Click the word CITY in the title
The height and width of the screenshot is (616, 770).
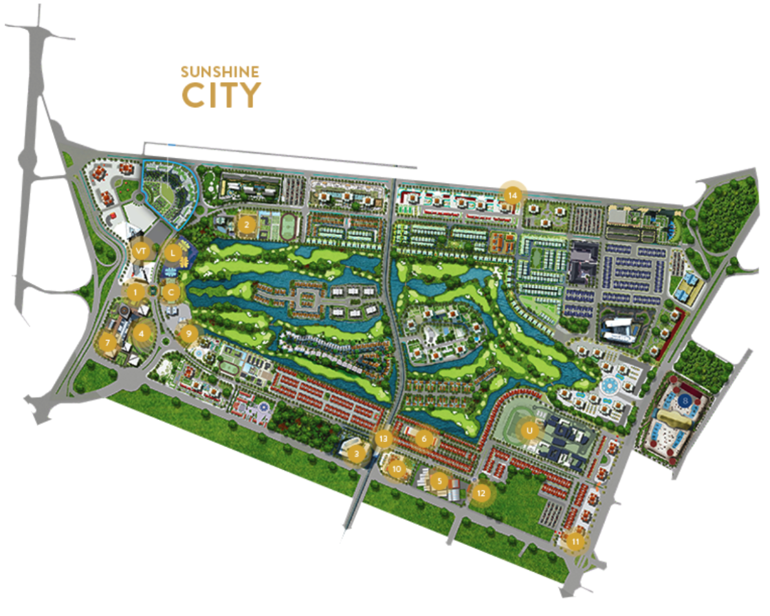221,95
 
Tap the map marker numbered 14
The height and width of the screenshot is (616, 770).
512,194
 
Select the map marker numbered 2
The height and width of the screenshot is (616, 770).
246,225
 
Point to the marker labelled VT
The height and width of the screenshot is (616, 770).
140,249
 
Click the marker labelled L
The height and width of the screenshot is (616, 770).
172,253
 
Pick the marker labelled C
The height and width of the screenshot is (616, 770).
171,292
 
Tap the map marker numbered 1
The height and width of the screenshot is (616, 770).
135,292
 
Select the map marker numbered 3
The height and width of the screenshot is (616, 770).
355,455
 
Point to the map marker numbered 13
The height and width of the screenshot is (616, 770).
384,439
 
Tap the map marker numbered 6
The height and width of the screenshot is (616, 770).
424,439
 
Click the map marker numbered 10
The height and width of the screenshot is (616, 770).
397,468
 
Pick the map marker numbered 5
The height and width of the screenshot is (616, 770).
440,481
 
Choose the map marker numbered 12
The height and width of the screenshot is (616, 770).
480,492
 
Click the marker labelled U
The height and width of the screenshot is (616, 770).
529,428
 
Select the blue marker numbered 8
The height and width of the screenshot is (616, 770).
685,402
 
